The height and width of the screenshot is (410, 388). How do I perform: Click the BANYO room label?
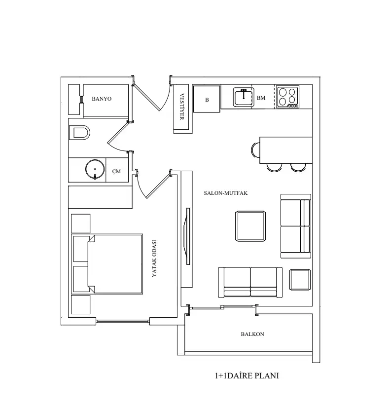point(102,99)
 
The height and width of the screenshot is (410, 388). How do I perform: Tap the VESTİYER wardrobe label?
point(182,107)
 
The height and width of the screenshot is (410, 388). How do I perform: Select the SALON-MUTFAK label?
point(225,193)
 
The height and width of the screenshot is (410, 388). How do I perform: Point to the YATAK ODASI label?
point(154,259)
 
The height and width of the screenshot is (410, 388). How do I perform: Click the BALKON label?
point(252,334)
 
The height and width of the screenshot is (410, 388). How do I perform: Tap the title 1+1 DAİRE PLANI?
point(247,376)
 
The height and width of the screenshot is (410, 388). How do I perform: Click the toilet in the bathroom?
point(79,132)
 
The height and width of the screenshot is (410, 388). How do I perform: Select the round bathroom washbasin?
point(95,169)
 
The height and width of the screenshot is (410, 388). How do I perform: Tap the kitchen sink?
point(244,97)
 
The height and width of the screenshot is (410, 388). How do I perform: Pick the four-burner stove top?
point(287,97)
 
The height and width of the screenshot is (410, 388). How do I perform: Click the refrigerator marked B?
point(207,99)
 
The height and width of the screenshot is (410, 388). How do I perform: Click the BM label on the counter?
point(261,98)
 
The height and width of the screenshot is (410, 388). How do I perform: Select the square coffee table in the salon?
point(250,226)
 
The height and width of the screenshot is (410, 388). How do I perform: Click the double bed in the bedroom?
point(107,264)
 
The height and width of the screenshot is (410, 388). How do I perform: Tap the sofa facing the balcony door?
point(250,282)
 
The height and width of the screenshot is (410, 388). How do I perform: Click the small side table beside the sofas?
point(300,280)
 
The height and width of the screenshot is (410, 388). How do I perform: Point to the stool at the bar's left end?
point(255,150)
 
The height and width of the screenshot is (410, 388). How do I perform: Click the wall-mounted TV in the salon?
point(187,236)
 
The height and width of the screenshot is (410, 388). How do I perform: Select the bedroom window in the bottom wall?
point(123,321)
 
